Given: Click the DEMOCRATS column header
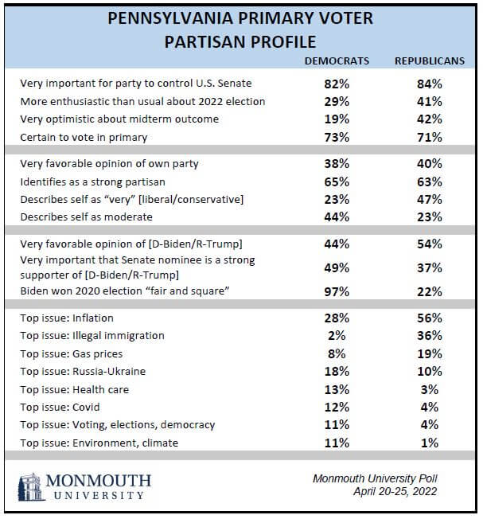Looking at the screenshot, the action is pyautogui.click(x=337, y=61).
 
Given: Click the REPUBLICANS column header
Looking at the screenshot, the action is pyautogui.click(x=430, y=61).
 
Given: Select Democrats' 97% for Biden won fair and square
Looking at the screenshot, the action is pyautogui.click(x=337, y=291).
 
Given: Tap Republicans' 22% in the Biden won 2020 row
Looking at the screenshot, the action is pyautogui.click(x=430, y=291).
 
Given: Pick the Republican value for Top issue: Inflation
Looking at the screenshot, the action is pyautogui.click(x=430, y=318).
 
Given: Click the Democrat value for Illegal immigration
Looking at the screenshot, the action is pyautogui.click(x=337, y=336).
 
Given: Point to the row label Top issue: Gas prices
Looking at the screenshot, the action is pyautogui.click(x=72, y=354).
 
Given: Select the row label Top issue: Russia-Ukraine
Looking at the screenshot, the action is pyautogui.click(x=83, y=372).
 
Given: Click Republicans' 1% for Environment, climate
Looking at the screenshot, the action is pyautogui.click(x=430, y=443).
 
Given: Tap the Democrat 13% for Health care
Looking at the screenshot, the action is pyautogui.click(x=337, y=389).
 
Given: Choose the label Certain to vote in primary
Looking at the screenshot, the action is pyautogui.click(x=84, y=138).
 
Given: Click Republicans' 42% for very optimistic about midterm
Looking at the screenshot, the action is pyautogui.click(x=430, y=119).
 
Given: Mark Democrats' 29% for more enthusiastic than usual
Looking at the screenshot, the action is pyautogui.click(x=337, y=102).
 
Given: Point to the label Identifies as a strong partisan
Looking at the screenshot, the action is pyautogui.click(x=92, y=182).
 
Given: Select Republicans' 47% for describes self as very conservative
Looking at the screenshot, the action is pyautogui.click(x=430, y=200).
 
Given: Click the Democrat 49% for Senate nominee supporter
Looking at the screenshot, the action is pyautogui.click(x=337, y=267).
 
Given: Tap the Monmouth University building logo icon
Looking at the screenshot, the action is pyautogui.click(x=31, y=487).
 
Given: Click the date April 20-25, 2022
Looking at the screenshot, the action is pyautogui.click(x=395, y=491).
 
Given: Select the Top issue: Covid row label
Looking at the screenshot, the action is pyautogui.click(x=60, y=407).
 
